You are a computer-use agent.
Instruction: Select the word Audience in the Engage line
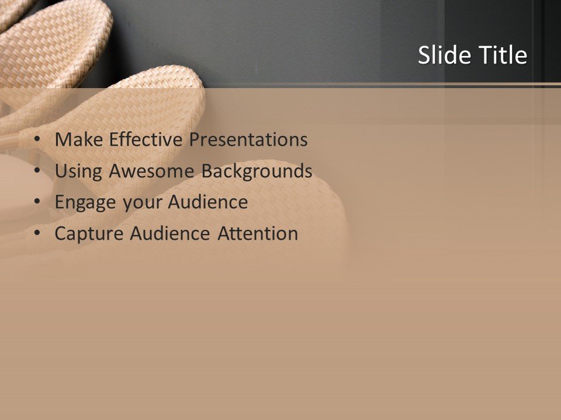208,202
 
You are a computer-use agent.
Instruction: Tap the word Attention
258,234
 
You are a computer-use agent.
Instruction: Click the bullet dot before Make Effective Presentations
37,140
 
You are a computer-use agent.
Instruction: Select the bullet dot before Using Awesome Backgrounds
37,171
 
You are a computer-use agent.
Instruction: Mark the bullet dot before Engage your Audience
37,202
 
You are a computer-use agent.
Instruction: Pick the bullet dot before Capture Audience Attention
37,234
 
